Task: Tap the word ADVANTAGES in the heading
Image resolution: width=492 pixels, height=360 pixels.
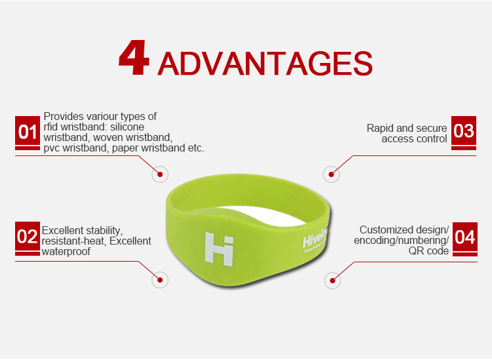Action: [x=266, y=64]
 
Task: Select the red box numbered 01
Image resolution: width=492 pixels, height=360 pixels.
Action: [x=28, y=132]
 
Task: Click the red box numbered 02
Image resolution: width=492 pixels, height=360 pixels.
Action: [x=28, y=237]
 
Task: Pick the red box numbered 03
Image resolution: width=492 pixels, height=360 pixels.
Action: [x=464, y=130]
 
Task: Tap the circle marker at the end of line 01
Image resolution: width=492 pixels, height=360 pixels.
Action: [x=159, y=175]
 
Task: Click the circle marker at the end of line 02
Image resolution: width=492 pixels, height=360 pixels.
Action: [x=159, y=280]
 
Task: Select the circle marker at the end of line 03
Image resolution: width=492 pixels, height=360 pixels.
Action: [x=332, y=175]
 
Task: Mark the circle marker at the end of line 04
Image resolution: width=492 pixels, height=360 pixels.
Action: [x=332, y=280]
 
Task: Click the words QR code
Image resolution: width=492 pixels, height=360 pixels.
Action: [x=428, y=251]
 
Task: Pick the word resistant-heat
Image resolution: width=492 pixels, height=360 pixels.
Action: [x=72, y=241]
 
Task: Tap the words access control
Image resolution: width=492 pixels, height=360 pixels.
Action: [x=415, y=139]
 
